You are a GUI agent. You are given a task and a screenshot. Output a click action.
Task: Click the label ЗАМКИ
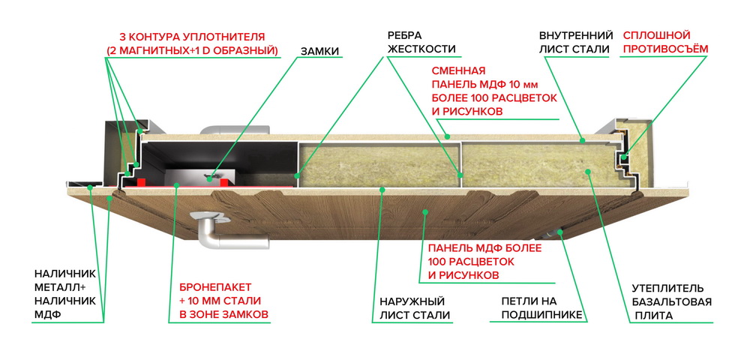click(320, 51)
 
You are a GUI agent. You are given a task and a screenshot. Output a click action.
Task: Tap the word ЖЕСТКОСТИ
click(421, 49)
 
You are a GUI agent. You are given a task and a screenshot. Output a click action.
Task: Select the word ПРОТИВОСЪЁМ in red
click(666, 49)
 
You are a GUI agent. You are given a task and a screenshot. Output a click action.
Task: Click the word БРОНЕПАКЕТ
click(215, 287)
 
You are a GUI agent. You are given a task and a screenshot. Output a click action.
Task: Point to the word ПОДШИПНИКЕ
click(541, 314)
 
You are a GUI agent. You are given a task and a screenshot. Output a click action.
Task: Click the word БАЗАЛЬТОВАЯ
click(672, 302)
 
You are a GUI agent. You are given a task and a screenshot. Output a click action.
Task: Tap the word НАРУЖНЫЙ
click(412, 301)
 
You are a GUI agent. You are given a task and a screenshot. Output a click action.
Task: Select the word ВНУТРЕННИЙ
click(576, 35)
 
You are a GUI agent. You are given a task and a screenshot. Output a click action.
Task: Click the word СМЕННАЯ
click(458, 71)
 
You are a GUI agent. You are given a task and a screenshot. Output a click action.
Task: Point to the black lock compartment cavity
click(220, 157)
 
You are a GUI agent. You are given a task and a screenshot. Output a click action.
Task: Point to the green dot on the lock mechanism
click(209, 180)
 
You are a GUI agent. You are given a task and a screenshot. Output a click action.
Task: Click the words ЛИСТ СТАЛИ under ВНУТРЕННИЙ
click(574, 49)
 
